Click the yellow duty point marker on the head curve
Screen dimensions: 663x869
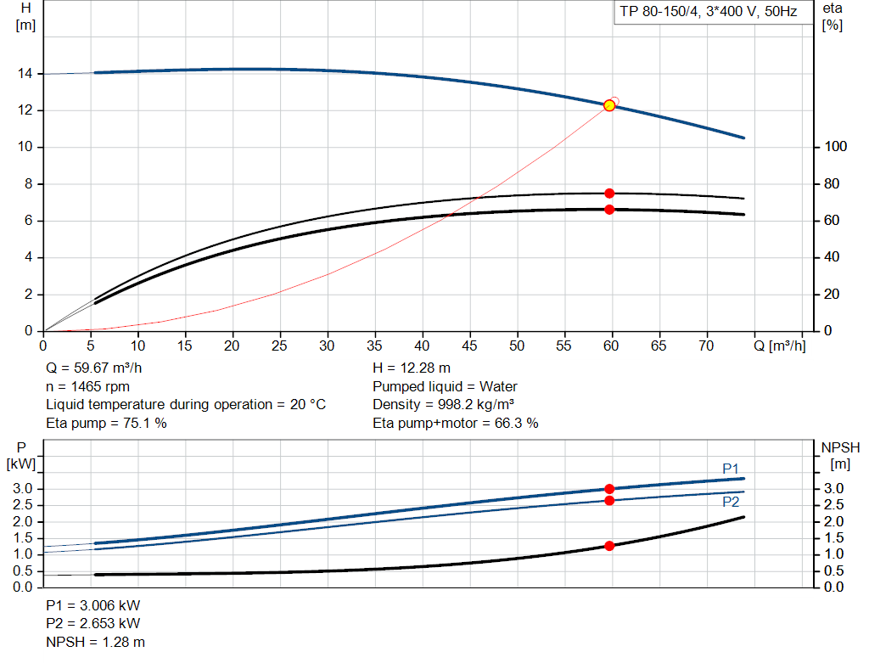tap(609, 105)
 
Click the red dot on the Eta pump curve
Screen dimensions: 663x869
tap(609, 194)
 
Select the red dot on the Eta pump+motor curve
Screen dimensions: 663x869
tap(609, 209)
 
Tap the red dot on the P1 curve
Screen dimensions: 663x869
tap(609, 489)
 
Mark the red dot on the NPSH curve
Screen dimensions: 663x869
tap(609, 546)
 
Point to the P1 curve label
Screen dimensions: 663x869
tap(731, 469)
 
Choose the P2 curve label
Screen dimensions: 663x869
tap(731, 502)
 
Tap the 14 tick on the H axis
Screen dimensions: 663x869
tap(25, 74)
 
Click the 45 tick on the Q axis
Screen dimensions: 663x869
tap(468, 346)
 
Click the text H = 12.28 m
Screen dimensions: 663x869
tap(412, 368)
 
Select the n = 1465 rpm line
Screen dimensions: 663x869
tap(87, 386)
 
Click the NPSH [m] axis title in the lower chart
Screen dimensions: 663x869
tap(840, 455)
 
